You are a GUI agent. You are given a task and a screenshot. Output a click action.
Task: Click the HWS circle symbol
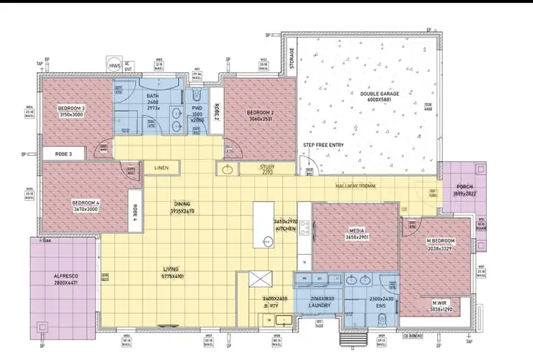tap(114, 65)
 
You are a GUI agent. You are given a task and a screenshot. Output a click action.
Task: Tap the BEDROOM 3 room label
tap(71, 109)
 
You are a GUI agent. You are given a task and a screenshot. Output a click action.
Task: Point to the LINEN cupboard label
tap(161, 168)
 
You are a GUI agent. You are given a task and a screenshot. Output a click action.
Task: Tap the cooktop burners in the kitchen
tap(304, 228)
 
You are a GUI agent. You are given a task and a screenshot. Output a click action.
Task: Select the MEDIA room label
tap(357, 231)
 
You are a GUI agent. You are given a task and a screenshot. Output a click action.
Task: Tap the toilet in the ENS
tap(381, 317)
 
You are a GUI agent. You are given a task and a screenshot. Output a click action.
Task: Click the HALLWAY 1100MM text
tap(356, 186)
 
